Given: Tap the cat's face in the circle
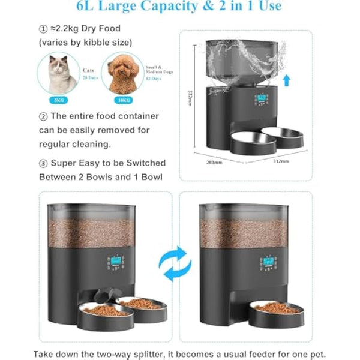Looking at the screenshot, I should (x=58, y=71).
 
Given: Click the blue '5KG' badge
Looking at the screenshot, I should (x=58, y=98).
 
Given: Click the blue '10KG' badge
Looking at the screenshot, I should (x=124, y=98).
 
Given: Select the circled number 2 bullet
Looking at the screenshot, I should (x=43, y=116).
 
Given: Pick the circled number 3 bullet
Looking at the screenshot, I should (x=43, y=163).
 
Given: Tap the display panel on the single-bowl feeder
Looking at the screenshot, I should (x=268, y=263).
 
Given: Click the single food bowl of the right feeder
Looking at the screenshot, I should (x=276, y=308).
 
